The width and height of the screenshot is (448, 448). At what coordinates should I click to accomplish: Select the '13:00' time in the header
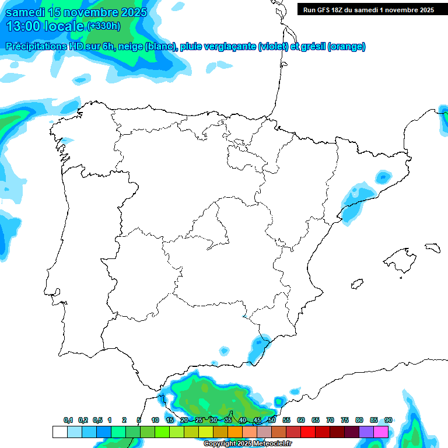(x=23, y=26)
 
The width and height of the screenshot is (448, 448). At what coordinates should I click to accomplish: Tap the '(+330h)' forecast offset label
(x=103, y=26)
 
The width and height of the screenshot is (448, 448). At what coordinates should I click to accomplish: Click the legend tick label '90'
(x=388, y=420)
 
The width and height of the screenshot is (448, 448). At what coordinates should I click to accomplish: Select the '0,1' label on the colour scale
(x=68, y=420)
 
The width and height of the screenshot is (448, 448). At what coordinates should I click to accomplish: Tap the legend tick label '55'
(x=286, y=420)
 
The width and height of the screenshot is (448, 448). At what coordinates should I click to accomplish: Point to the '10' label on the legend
(x=155, y=420)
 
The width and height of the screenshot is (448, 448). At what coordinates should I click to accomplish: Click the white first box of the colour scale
(x=60, y=432)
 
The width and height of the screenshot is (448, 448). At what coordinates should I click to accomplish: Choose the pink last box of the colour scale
(x=381, y=432)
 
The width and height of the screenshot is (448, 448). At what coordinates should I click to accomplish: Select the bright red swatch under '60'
(x=308, y=432)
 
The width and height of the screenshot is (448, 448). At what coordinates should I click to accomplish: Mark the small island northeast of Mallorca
(x=432, y=247)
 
